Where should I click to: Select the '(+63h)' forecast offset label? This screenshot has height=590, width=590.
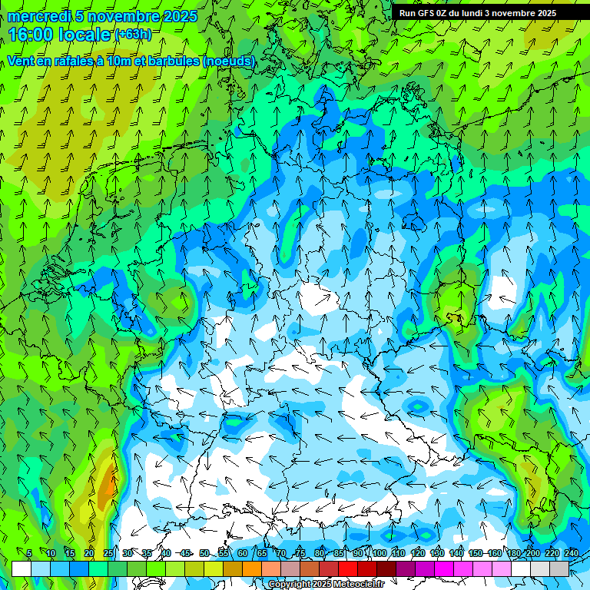[x=133, y=35]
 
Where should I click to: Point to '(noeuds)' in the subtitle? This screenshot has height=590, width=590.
[x=228, y=61]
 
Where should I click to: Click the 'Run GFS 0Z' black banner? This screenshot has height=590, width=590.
[x=478, y=13]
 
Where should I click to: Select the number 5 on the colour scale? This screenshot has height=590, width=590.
[x=29, y=553]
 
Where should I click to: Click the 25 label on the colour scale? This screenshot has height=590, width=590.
[x=108, y=553]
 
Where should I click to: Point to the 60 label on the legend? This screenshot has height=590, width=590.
[x=243, y=553]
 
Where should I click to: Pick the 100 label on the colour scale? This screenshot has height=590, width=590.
[x=380, y=553]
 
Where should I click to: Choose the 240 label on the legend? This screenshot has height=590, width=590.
[x=572, y=553]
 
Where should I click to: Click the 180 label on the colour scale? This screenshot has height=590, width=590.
[x=513, y=553]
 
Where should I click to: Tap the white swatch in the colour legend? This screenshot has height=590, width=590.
[x=22, y=568]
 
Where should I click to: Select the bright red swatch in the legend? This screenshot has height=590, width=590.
[x=348, y=568]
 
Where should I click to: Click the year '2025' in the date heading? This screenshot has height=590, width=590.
[x=180, y=16]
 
